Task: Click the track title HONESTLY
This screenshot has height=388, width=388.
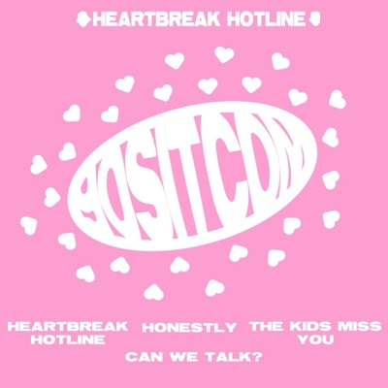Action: coord(189,327)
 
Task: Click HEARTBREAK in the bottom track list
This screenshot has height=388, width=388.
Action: coord(67,327)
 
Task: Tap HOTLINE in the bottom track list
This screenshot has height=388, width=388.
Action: coord(67,340)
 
